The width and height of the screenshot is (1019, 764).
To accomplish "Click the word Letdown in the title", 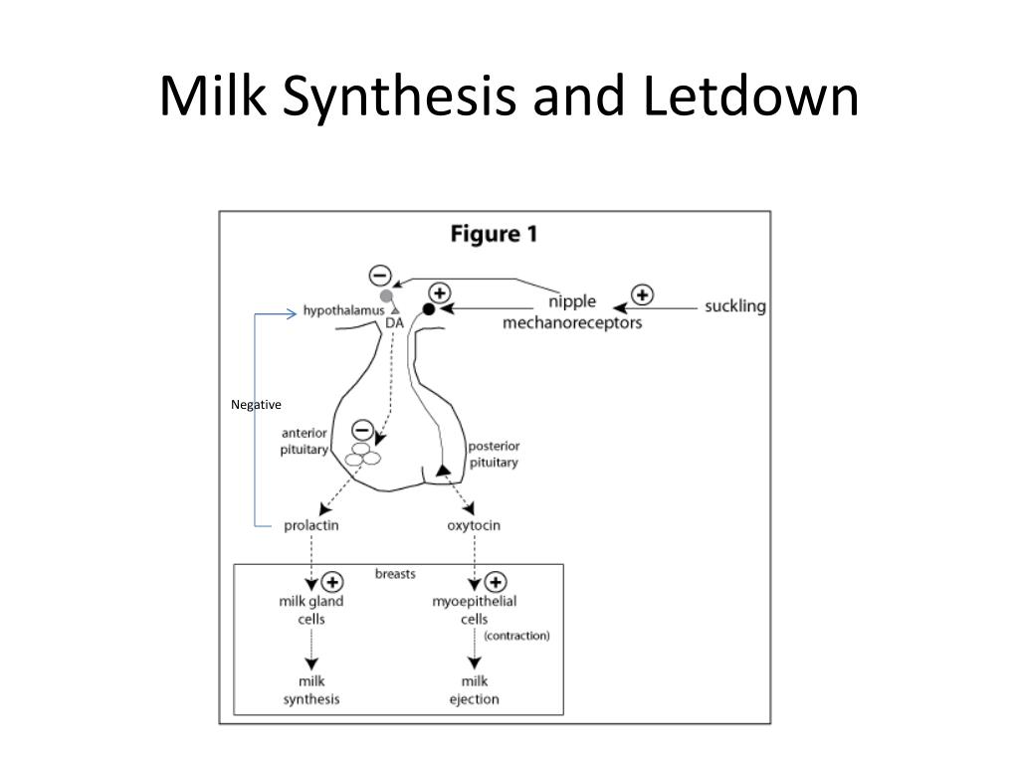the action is (x=750, y=95).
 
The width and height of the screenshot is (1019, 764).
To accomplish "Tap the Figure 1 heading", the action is (x=494, y=234).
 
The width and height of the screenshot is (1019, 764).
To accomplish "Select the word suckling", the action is (x=735, y=306).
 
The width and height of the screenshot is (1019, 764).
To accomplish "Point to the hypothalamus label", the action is (x=343, y=310).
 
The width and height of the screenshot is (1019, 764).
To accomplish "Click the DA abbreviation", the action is (x=394, y=323).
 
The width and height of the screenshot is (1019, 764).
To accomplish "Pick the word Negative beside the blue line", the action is (x=256, y=405).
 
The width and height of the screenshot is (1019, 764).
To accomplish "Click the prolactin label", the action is (x=311, y=525).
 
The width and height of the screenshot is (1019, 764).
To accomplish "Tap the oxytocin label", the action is (x=474, y=525).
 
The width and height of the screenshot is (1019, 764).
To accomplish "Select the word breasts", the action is (x=395, y=574).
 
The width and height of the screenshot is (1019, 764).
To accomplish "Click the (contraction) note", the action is (x=516, y=636).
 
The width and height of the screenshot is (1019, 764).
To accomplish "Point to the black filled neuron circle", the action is (x=429, y=309).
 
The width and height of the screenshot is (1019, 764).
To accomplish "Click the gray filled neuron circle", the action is (x=387, y=296).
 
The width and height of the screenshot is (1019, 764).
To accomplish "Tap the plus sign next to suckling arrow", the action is (x=642, y=294).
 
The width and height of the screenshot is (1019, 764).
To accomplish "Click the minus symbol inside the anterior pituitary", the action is (x=362, y=430).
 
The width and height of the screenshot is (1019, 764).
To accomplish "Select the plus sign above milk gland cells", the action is (x=332, y=582).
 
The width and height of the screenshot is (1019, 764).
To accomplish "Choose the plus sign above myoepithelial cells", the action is (x=496, y=582).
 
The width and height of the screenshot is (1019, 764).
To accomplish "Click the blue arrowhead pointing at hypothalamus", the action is (x=293, y=314).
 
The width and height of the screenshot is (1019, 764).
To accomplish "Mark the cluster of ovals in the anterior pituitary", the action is (x=362, y=454).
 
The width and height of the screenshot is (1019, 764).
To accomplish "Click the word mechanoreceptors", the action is (x=572, y=323).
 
